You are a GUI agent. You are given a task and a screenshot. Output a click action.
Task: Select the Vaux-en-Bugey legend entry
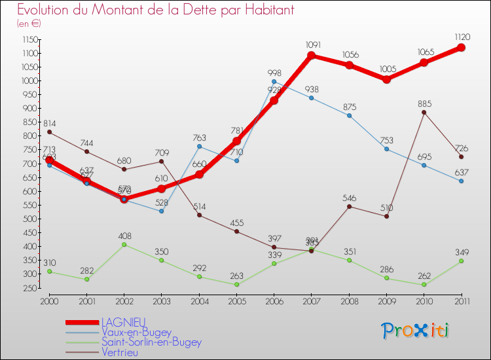click(x=136, y=332)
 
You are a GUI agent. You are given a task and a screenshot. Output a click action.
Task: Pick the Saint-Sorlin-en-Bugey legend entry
click(x=151, y=342)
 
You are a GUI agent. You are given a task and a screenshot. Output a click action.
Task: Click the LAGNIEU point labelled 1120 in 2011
click(x=461, y=48)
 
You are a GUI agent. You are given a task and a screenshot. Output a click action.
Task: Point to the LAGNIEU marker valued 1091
click(x=312, y=56)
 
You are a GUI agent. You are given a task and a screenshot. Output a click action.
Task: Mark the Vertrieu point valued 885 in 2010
click(x=424, y=112)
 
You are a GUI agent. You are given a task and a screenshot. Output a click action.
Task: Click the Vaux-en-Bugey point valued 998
click(x=274, y=81)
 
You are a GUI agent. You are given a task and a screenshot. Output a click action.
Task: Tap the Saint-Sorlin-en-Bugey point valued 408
click(x=124, y=245)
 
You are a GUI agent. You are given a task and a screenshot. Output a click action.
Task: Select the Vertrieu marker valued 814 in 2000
click(x=49, y=132)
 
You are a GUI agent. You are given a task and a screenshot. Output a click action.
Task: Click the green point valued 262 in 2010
click(x=424, y=285)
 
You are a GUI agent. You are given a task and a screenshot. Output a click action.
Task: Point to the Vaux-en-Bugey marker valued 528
click(x=161, y=211)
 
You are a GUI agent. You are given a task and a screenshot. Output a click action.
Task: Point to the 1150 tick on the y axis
click(x=29, y=39)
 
